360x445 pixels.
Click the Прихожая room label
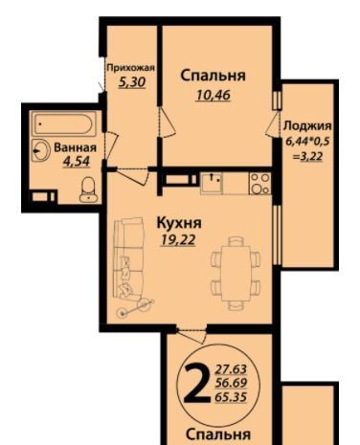[x=130, y=68]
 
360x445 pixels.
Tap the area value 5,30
[x=132, y=82]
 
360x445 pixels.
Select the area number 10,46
[x=214, y=95]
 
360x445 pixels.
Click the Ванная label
[x=75, y=147]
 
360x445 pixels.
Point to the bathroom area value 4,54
[x=77, y=162]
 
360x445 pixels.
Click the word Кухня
[x=179, y=223]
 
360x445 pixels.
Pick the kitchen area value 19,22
[x=178, y=240]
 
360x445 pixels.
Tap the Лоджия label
[x=307, y=126]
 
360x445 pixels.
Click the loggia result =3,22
[x=307, y=157]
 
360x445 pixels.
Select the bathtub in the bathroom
[x=65, y=123]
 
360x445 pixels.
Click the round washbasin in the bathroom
[x=40, y=150]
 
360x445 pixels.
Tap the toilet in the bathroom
[x=87, y=189]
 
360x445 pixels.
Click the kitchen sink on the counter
[x=211, y=183]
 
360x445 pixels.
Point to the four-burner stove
[x=260, y=184]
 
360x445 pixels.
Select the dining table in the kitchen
[x=236, y=273]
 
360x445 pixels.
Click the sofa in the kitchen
[x=127, y=258]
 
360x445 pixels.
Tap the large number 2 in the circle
[x=197, y=384]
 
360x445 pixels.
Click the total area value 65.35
[x=231, y=397]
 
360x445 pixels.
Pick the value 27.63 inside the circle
[x=231, y=369]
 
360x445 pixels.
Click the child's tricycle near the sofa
[x=136, y=307]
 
